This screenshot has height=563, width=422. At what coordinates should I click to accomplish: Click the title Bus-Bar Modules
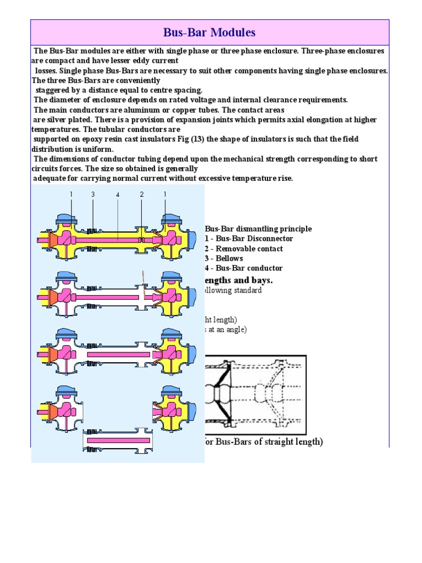pos(209,32)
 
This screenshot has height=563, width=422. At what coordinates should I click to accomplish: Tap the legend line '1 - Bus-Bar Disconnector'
pos(248,239)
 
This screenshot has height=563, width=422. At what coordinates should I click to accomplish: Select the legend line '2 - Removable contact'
pos(243,249)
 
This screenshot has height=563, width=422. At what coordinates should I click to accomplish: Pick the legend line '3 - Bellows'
pos(224,258)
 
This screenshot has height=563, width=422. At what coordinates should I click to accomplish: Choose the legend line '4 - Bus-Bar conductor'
pos(243,268)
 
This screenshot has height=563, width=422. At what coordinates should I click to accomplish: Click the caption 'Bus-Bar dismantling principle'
pos(258,229)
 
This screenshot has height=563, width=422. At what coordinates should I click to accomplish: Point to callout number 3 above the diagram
pos(93,195)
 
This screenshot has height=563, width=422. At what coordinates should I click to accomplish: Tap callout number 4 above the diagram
pos(118,195)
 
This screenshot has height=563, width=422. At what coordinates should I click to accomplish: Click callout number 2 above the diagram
pos(142,195)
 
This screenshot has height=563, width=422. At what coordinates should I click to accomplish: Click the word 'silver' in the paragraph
pos(57,119)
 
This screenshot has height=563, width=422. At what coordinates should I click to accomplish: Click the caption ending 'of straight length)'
pos(264,442)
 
